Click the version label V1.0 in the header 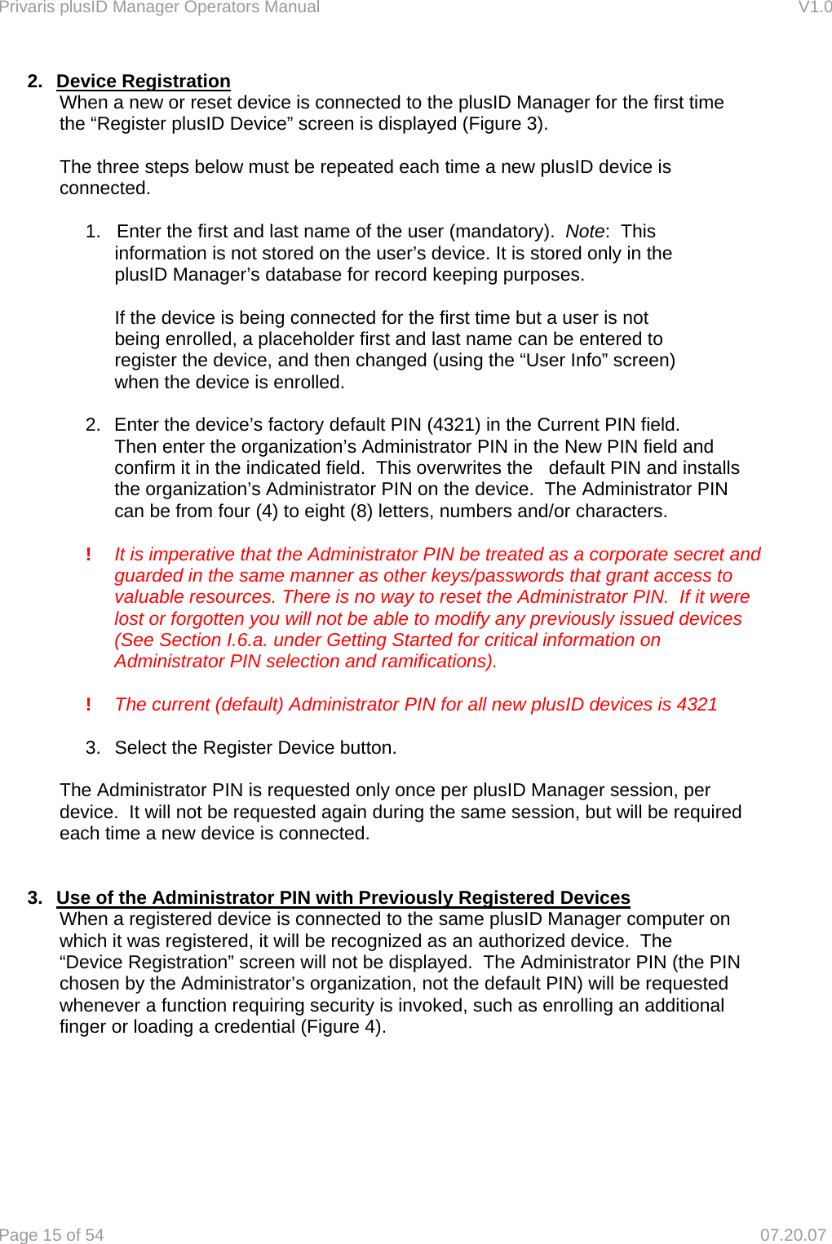[x=814, y=7]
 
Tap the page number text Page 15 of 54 [x=52, y=1235]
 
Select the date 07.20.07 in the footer [x=792, y=1235]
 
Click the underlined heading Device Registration [x=143, y=82]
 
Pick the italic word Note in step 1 [x=585, y=232]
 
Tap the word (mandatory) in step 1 [x=501, y=232]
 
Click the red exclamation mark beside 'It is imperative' [x=88, y=555]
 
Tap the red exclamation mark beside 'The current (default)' [x=88, y=705]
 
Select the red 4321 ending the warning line [x=697, y=705]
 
